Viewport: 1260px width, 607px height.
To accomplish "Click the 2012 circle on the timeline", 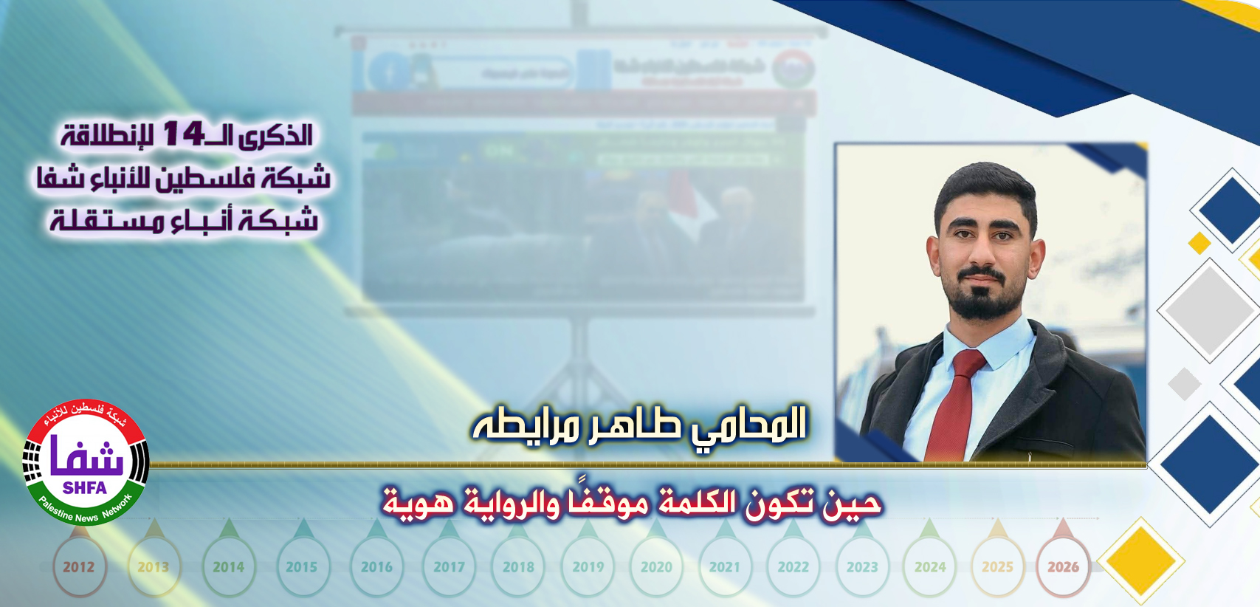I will click(79, 567).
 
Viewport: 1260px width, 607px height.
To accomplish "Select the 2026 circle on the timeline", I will click(1063, 567).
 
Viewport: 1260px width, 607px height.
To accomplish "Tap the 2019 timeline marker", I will click(588, 567).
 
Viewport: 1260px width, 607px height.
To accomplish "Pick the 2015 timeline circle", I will click(302, 567).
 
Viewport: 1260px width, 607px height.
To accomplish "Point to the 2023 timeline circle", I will click(862, 567).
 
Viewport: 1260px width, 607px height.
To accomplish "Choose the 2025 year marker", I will click(997, 567).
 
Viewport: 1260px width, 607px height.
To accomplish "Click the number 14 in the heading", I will click(183, 134).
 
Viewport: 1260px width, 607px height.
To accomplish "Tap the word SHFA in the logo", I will click(85, 488).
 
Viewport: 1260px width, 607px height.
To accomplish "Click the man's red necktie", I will click(956, 402).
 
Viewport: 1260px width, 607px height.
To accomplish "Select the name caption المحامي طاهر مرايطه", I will click(639, 425).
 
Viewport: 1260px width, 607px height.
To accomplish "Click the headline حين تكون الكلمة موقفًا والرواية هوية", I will click(632, 503).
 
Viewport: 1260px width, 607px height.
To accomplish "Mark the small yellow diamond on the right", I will click(1199, 242).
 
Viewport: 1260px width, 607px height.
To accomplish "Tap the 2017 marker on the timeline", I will click(449, 567).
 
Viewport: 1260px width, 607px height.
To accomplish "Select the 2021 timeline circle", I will click(724, 567).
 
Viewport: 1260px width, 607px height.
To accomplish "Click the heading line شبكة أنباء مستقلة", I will click(184, 220).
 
